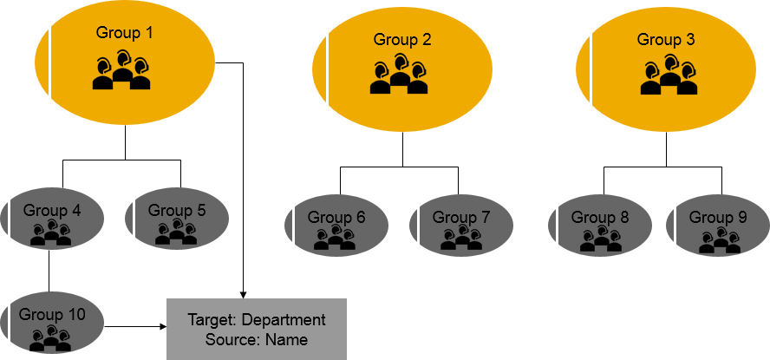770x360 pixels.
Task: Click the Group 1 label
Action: click(124, 33)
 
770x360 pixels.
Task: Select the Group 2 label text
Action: click(402, 39)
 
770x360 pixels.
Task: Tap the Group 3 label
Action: click(666, 39)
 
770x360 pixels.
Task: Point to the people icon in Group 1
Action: click(122, 71)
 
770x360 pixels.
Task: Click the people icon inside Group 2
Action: click(399, 75)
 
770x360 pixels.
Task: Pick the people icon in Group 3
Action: click(669, 75)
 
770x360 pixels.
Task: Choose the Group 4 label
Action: click(52, 210)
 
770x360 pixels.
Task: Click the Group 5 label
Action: click(177, 210)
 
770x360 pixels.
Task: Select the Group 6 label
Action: click(336, 217)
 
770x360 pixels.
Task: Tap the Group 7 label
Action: click(461, 217)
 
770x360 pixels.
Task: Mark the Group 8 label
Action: click(600, 217)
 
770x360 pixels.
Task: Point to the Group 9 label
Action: click(718, 217)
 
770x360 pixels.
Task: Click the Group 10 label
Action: click(52, 314)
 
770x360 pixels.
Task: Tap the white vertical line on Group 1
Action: click(49, 61)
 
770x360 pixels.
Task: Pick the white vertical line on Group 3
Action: click(591, 68)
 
